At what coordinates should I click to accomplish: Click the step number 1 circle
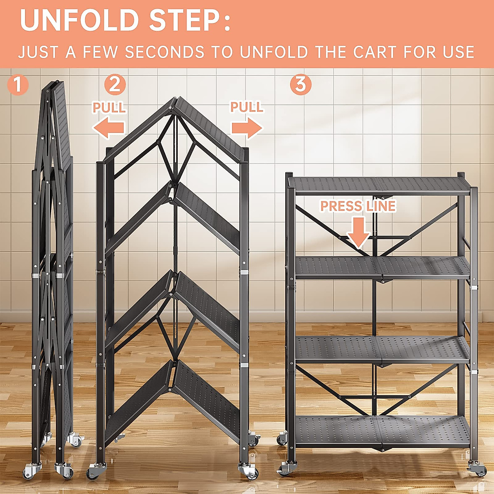pyautogui.click(x=18, y=84)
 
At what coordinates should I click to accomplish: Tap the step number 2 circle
pyautogui.click(x=115, y=84)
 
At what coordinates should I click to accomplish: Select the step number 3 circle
pyautogui.click(x=301, y=84)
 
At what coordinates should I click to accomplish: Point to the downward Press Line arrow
pyautogui.click(x=359, y=233)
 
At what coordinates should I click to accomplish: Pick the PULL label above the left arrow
pyautogui.click(x=109, y=107)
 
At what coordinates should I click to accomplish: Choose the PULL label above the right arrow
pyautogui.click(x=247, y=107)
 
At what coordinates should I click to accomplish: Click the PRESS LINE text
pyautogui.click(x=358, y=206)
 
